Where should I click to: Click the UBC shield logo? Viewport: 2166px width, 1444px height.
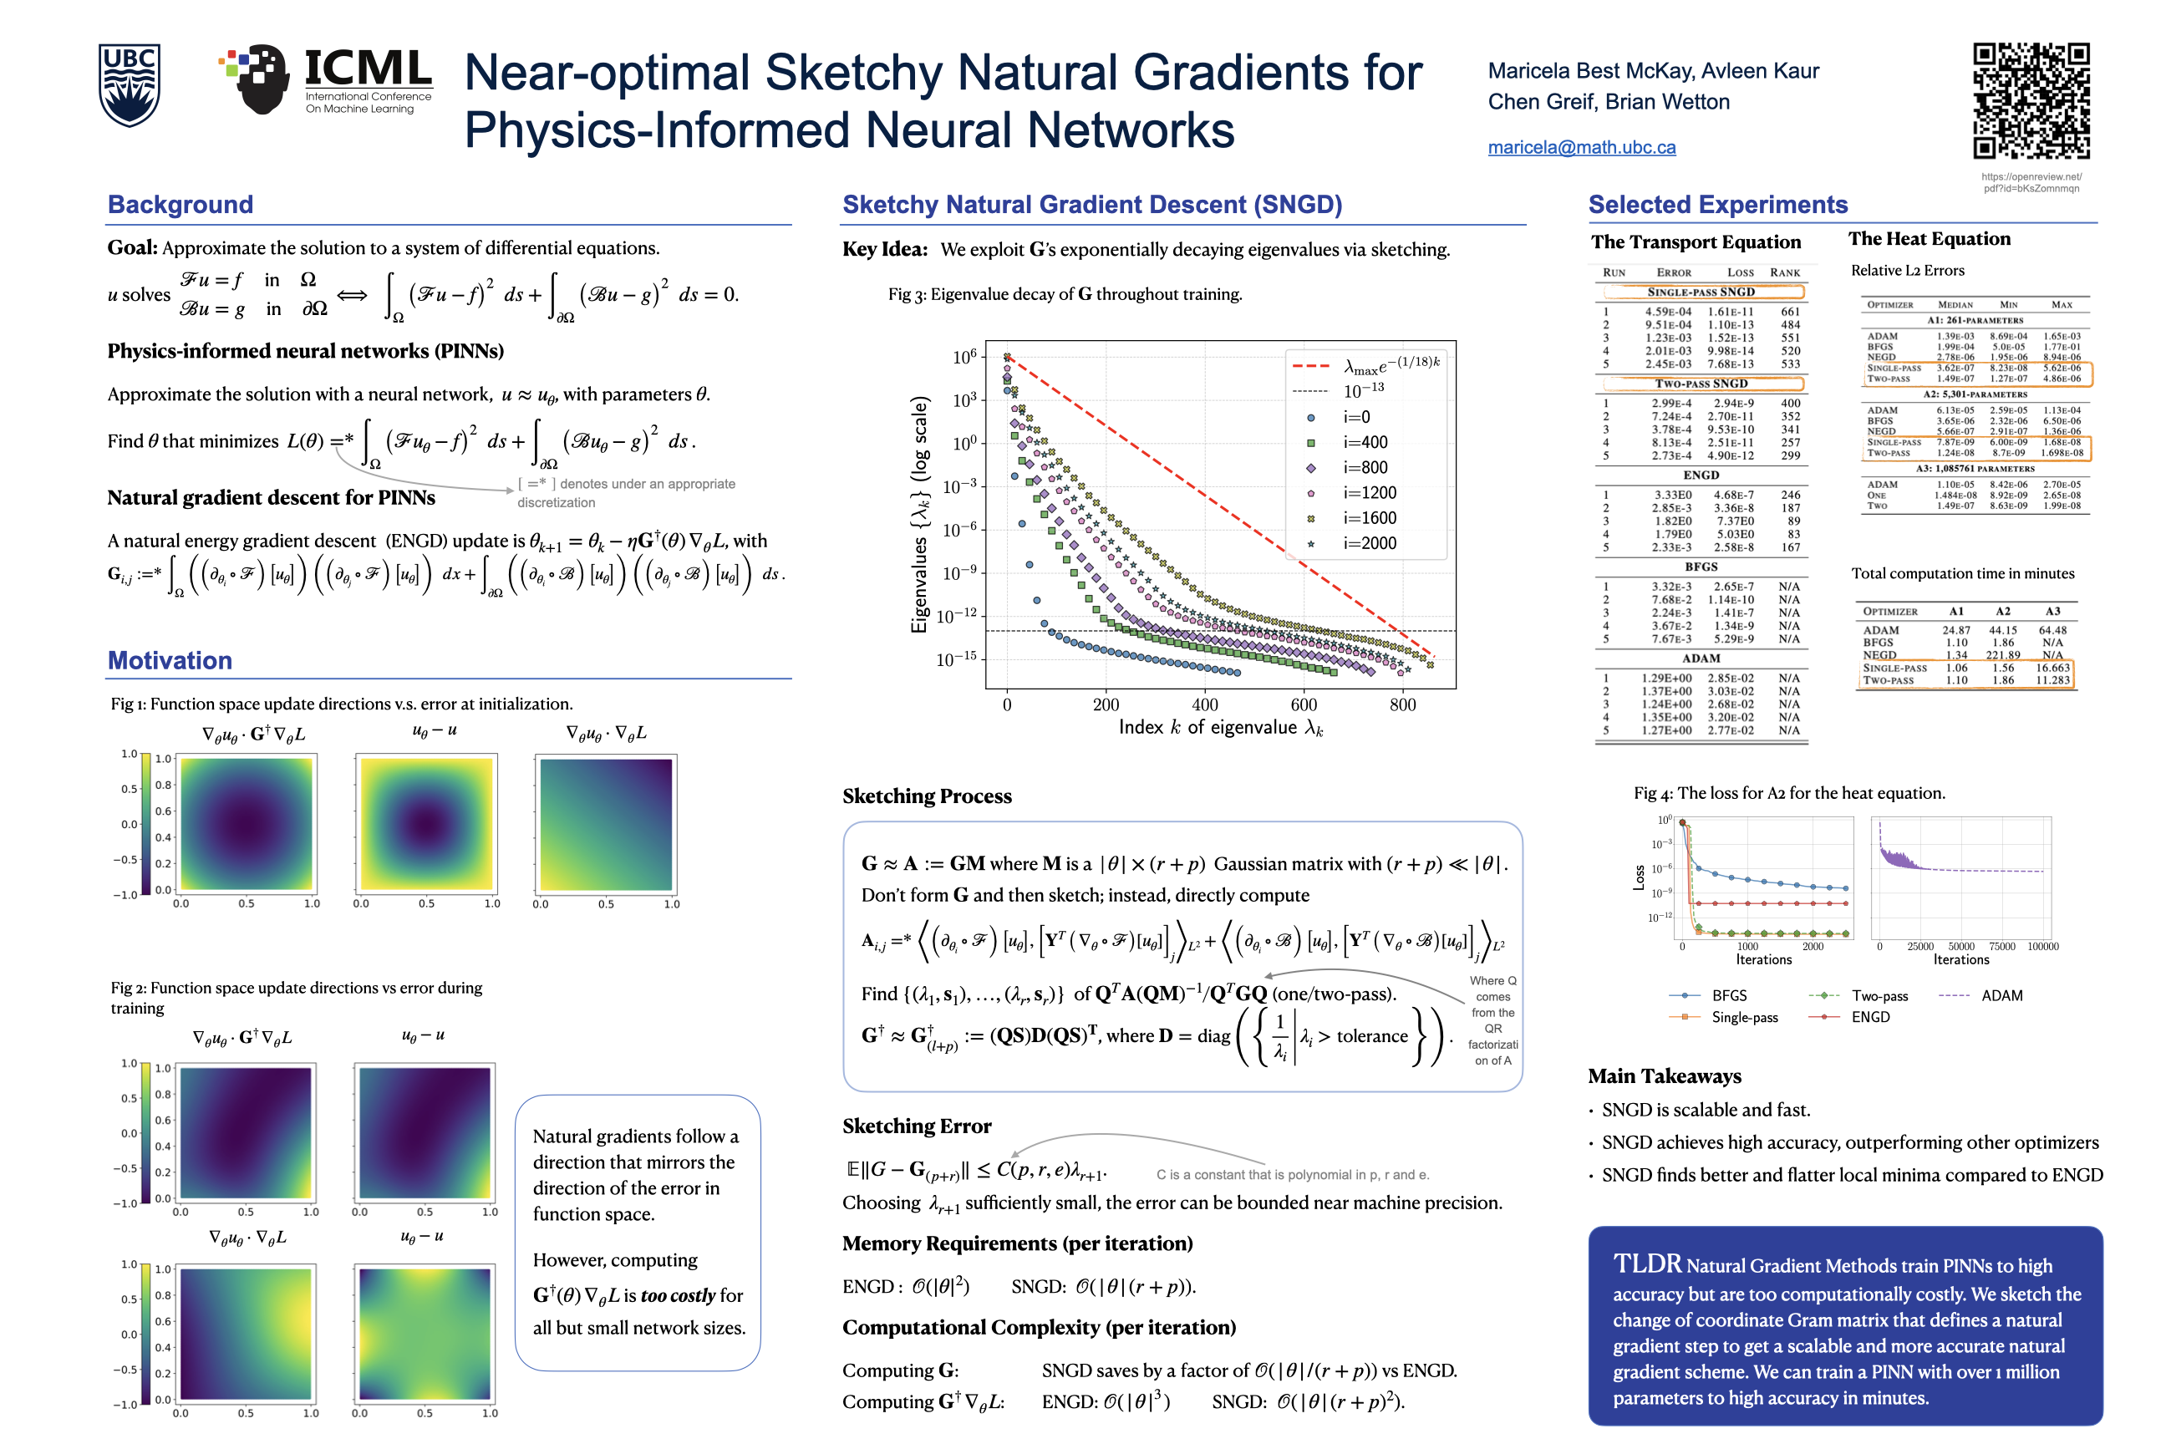[129, 84]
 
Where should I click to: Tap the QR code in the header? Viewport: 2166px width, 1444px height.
[2031, 100]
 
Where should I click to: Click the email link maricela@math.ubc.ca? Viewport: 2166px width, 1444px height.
[1581, 147]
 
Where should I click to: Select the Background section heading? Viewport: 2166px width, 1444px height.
[180, 205]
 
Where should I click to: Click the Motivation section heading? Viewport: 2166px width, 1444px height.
[170, 660]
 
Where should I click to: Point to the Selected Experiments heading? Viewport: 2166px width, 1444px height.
[1717, 205]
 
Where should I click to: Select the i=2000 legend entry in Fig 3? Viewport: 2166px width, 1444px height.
[1369, 543]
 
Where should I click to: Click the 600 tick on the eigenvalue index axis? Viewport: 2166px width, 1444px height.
[1304, 705]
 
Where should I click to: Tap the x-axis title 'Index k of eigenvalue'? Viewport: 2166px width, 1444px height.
[1220, 728]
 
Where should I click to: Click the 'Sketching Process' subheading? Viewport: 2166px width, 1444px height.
[927, 796]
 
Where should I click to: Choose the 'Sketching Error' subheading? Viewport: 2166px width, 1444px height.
[917, 1126]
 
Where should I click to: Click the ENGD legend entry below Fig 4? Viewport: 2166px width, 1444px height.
[1869, 1017]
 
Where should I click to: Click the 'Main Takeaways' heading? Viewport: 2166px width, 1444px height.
[1664, 1076]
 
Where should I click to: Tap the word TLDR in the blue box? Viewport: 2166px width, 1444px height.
[1646, 1263]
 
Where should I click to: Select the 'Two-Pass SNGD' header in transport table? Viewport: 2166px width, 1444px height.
[1700, 384]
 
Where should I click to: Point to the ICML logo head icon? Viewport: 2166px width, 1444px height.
[262, 79]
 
